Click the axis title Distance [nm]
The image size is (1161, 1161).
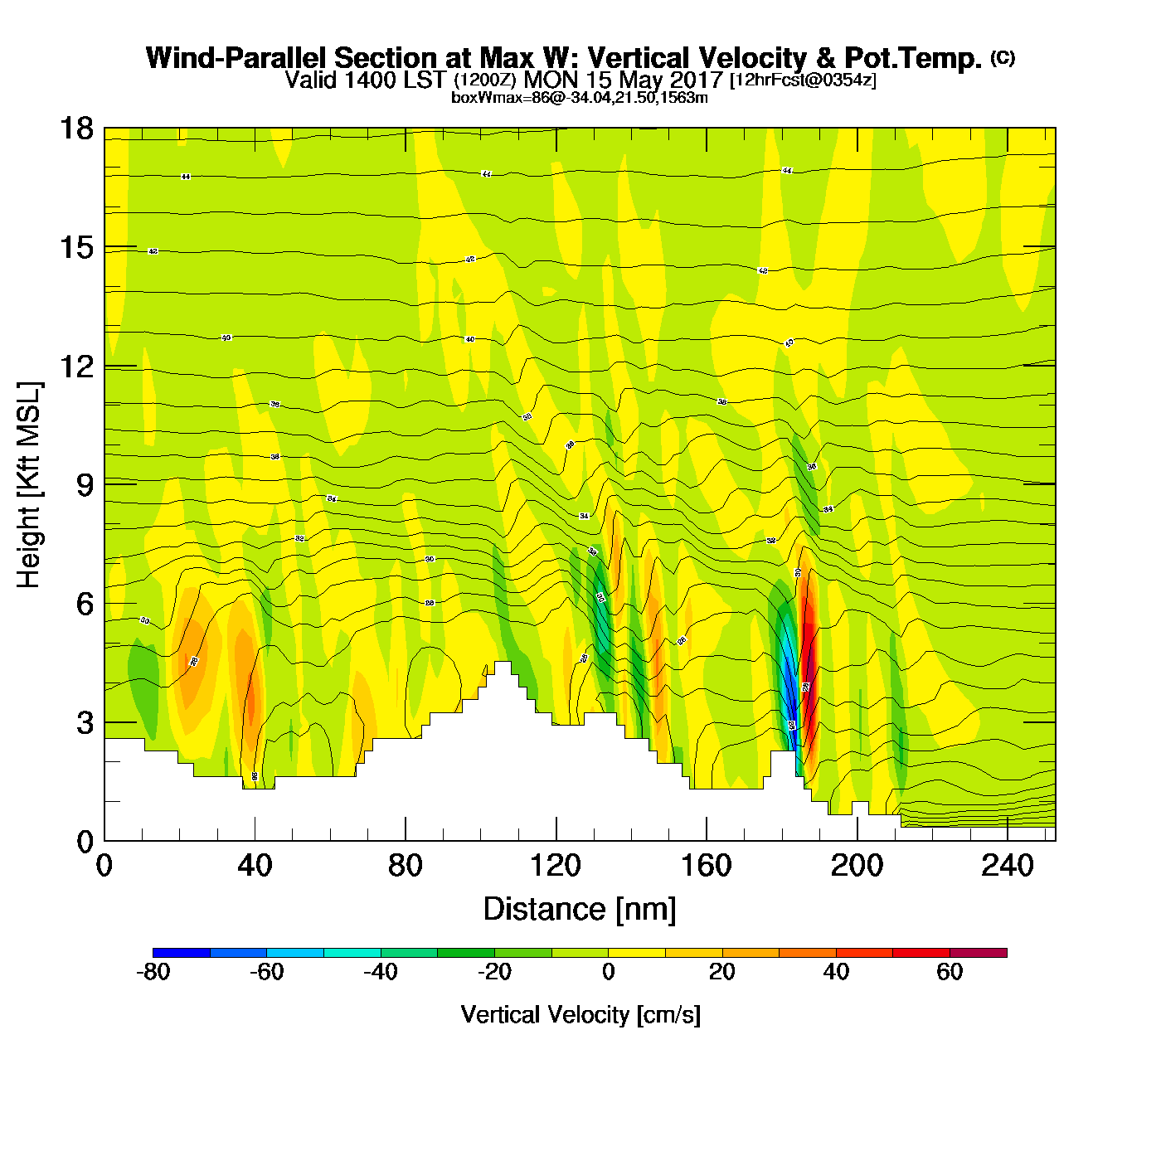(580, 910)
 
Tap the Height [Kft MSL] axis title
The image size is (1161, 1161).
(29, 485)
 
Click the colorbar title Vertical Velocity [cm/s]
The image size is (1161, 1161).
(580, 1014)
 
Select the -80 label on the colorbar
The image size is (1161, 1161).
(153, 972)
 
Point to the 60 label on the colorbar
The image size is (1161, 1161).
(950, 972)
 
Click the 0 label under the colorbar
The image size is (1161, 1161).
(608, 972)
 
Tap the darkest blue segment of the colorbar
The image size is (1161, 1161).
(182, 953)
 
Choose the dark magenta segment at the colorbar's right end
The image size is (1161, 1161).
(979, 953)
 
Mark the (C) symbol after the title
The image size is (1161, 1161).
(1002, 57)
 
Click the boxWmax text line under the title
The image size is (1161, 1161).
(580, 98)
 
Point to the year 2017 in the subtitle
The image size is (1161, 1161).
(696, 80)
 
